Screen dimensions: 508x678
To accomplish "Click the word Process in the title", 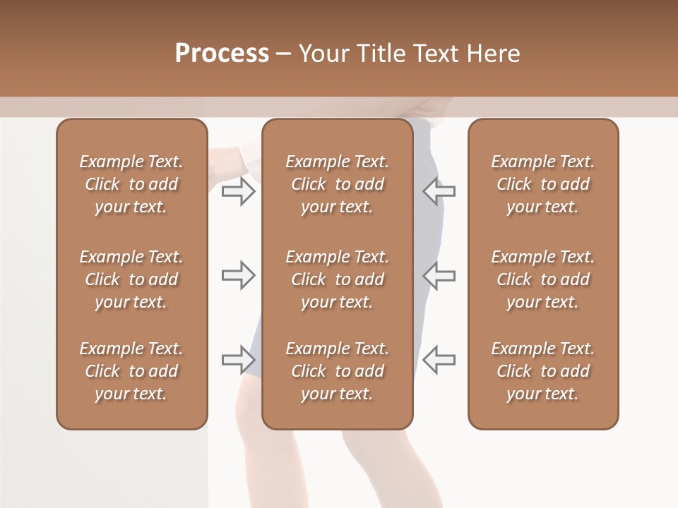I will [222, 54].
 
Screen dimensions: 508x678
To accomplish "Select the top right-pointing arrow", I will [238, 191].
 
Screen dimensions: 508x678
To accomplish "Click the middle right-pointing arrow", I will [238, 275].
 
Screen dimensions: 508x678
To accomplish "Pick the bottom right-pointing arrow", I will [238, 360].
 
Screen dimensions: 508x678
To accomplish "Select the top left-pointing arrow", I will [439, 191].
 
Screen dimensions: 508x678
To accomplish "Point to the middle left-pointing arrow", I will [439, 275].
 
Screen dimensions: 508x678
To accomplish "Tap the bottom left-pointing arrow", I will [439, 360].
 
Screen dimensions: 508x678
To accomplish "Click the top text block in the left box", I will [131, 184].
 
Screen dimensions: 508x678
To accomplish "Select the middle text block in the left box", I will [131, 279].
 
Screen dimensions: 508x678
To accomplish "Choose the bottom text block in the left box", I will [131, 371].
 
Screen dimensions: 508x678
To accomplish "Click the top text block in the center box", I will [337, 184].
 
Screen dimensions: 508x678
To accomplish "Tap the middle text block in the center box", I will [337, 279].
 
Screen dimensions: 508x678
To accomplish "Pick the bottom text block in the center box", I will [337, 371].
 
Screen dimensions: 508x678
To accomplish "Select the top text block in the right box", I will [542, 184].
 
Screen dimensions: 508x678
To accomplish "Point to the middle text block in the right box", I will [542, 279].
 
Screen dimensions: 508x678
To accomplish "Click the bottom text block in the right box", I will [542, 371].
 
